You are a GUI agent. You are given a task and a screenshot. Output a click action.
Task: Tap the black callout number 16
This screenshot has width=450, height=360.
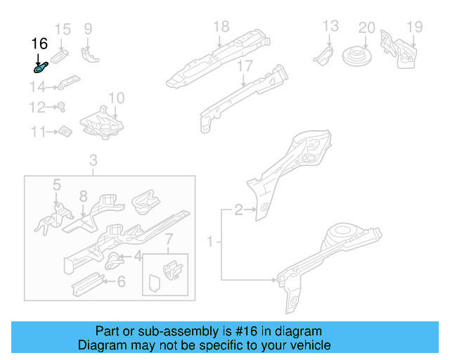pos(39,44)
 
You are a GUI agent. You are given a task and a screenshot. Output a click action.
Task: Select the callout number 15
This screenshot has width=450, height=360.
pos(63,29)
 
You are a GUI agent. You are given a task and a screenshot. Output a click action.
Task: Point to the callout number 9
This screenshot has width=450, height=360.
pos(88,29)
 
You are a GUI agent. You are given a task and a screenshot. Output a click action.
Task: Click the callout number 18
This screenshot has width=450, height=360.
pos(221,27)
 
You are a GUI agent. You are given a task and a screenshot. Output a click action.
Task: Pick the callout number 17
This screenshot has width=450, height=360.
pos(244,66)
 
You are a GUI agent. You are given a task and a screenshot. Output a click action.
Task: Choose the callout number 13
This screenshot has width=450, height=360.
pos(330,27)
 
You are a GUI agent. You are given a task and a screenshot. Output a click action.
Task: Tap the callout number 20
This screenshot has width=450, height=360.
pos(366,27)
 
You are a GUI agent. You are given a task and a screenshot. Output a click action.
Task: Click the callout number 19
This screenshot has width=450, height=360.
pos(414,27)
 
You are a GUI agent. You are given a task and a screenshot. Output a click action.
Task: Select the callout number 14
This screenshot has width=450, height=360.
pos(37,87)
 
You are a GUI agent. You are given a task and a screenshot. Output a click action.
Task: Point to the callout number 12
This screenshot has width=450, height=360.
pos(37,108)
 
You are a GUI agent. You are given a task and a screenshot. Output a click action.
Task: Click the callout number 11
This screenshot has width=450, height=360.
pos(37,131)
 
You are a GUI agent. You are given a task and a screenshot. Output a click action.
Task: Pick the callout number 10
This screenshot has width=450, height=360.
pos(116,98)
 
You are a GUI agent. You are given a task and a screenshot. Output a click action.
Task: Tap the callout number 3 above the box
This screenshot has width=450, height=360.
pos(94,162)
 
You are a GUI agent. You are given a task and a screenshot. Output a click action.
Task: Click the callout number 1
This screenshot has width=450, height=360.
pos(210,243)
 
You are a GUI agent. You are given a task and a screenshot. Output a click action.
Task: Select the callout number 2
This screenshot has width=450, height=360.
pos(238,209)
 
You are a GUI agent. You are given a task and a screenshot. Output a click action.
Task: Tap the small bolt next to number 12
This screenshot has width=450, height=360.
pos(61,108)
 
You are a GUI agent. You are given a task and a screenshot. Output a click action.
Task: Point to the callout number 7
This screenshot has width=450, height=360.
pos(167,243)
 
